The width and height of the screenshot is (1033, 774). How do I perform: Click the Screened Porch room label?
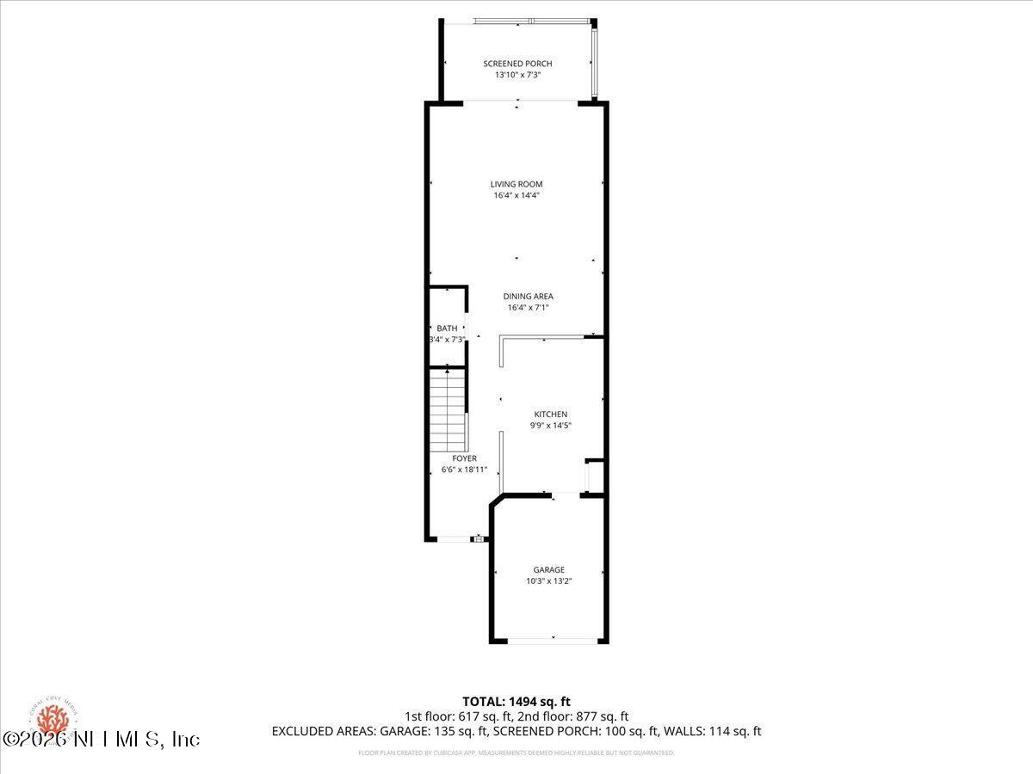[x=517, y=64]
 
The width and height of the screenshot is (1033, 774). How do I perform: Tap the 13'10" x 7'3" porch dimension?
[x=517, y=75]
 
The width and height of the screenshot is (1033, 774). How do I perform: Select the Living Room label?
[x=516, y=184]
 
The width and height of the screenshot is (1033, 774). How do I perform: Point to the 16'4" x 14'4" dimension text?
[x=516, y=195]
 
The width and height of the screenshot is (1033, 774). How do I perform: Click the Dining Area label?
[x=528, y=297]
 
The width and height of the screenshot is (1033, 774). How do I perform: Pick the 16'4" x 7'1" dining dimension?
[x=528, y=308]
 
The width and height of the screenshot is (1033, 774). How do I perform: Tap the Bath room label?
[x=447, y=329]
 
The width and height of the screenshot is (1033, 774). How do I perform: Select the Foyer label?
[x=464, y=458]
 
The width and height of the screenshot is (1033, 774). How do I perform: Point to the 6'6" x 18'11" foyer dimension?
[x=464, y=470]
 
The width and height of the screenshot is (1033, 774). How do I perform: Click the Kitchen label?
[x=550, y=415]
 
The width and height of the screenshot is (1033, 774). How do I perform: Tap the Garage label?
[x=548, y=570]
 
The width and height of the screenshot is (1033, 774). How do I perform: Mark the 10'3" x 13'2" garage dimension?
[x=548, y=581]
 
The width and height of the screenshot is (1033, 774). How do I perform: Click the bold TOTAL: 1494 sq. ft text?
[x=516, y=702]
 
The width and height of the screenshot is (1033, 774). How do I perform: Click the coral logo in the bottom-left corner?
[x=53, y=718]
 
